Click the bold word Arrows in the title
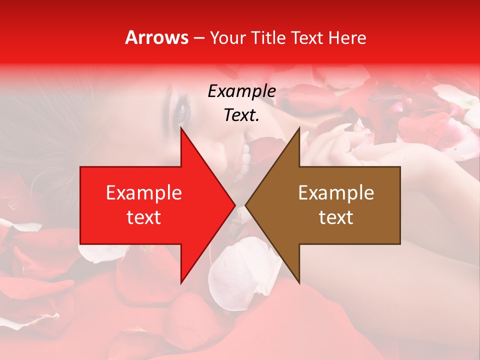(157, 38)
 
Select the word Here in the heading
(347, 38)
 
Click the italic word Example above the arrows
(241, 91)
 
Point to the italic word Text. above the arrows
(241, 115)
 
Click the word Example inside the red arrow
(143, 193)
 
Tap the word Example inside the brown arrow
(336, 193)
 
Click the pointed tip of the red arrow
(234, 205)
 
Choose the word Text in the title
(307, 38)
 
